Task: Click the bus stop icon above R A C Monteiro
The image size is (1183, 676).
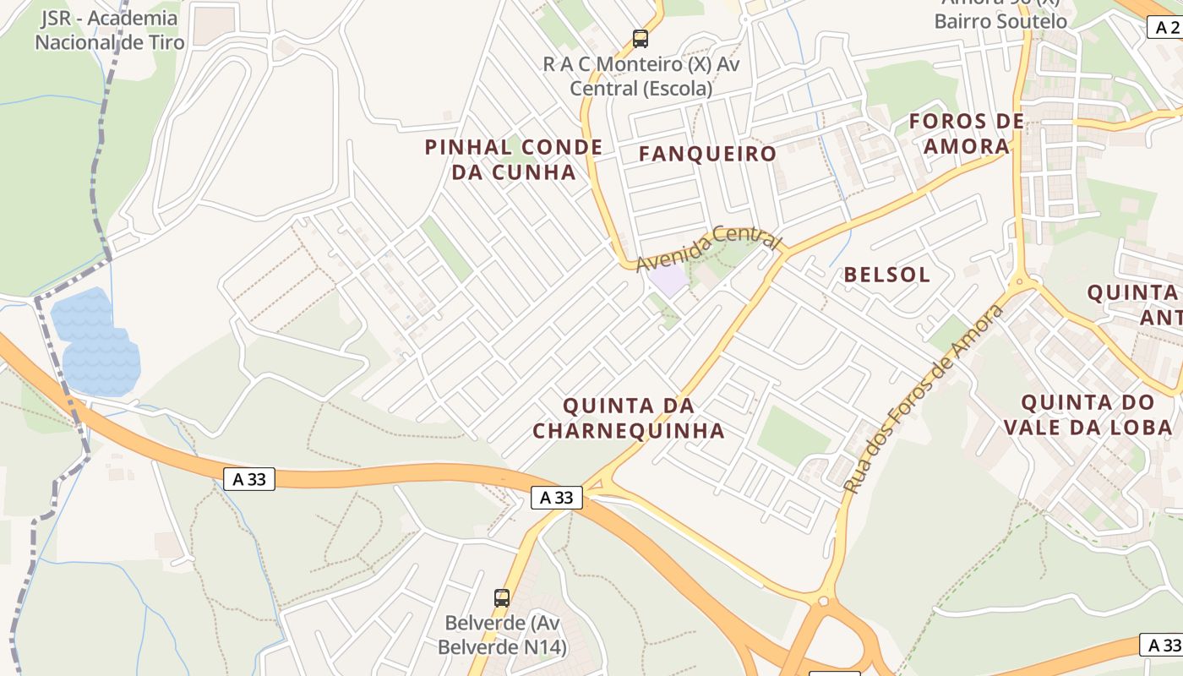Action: (x=641, y=38)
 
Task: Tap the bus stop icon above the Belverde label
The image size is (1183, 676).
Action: (x=502, y=598)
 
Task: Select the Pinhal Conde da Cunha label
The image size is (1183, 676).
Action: (x=514, y=160)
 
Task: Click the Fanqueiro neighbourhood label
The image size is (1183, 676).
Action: (x=707, y=154)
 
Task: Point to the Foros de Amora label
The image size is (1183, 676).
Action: (x=967, y=134)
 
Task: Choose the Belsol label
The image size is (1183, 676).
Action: (x=887, y=275)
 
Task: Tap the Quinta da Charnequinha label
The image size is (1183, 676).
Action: (x=629, y=418)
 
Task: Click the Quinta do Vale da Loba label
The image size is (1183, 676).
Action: (x=1088, y=414)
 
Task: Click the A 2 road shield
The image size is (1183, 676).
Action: (x=1165, y=28)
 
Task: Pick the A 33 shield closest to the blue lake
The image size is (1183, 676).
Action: (x=250, y=479)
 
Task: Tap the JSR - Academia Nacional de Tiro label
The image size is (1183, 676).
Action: (x=109, y=30)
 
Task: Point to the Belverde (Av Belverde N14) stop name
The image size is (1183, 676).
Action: (x=502, y=635)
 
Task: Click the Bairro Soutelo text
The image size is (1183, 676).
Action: (x=1000, y=21)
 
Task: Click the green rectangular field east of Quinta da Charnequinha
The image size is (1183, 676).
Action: (x=793, y=435)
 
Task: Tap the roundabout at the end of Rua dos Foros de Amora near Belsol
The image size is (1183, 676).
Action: (x=1019, y=282)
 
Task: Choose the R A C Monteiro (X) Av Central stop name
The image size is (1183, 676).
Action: (x=641, y=76)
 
